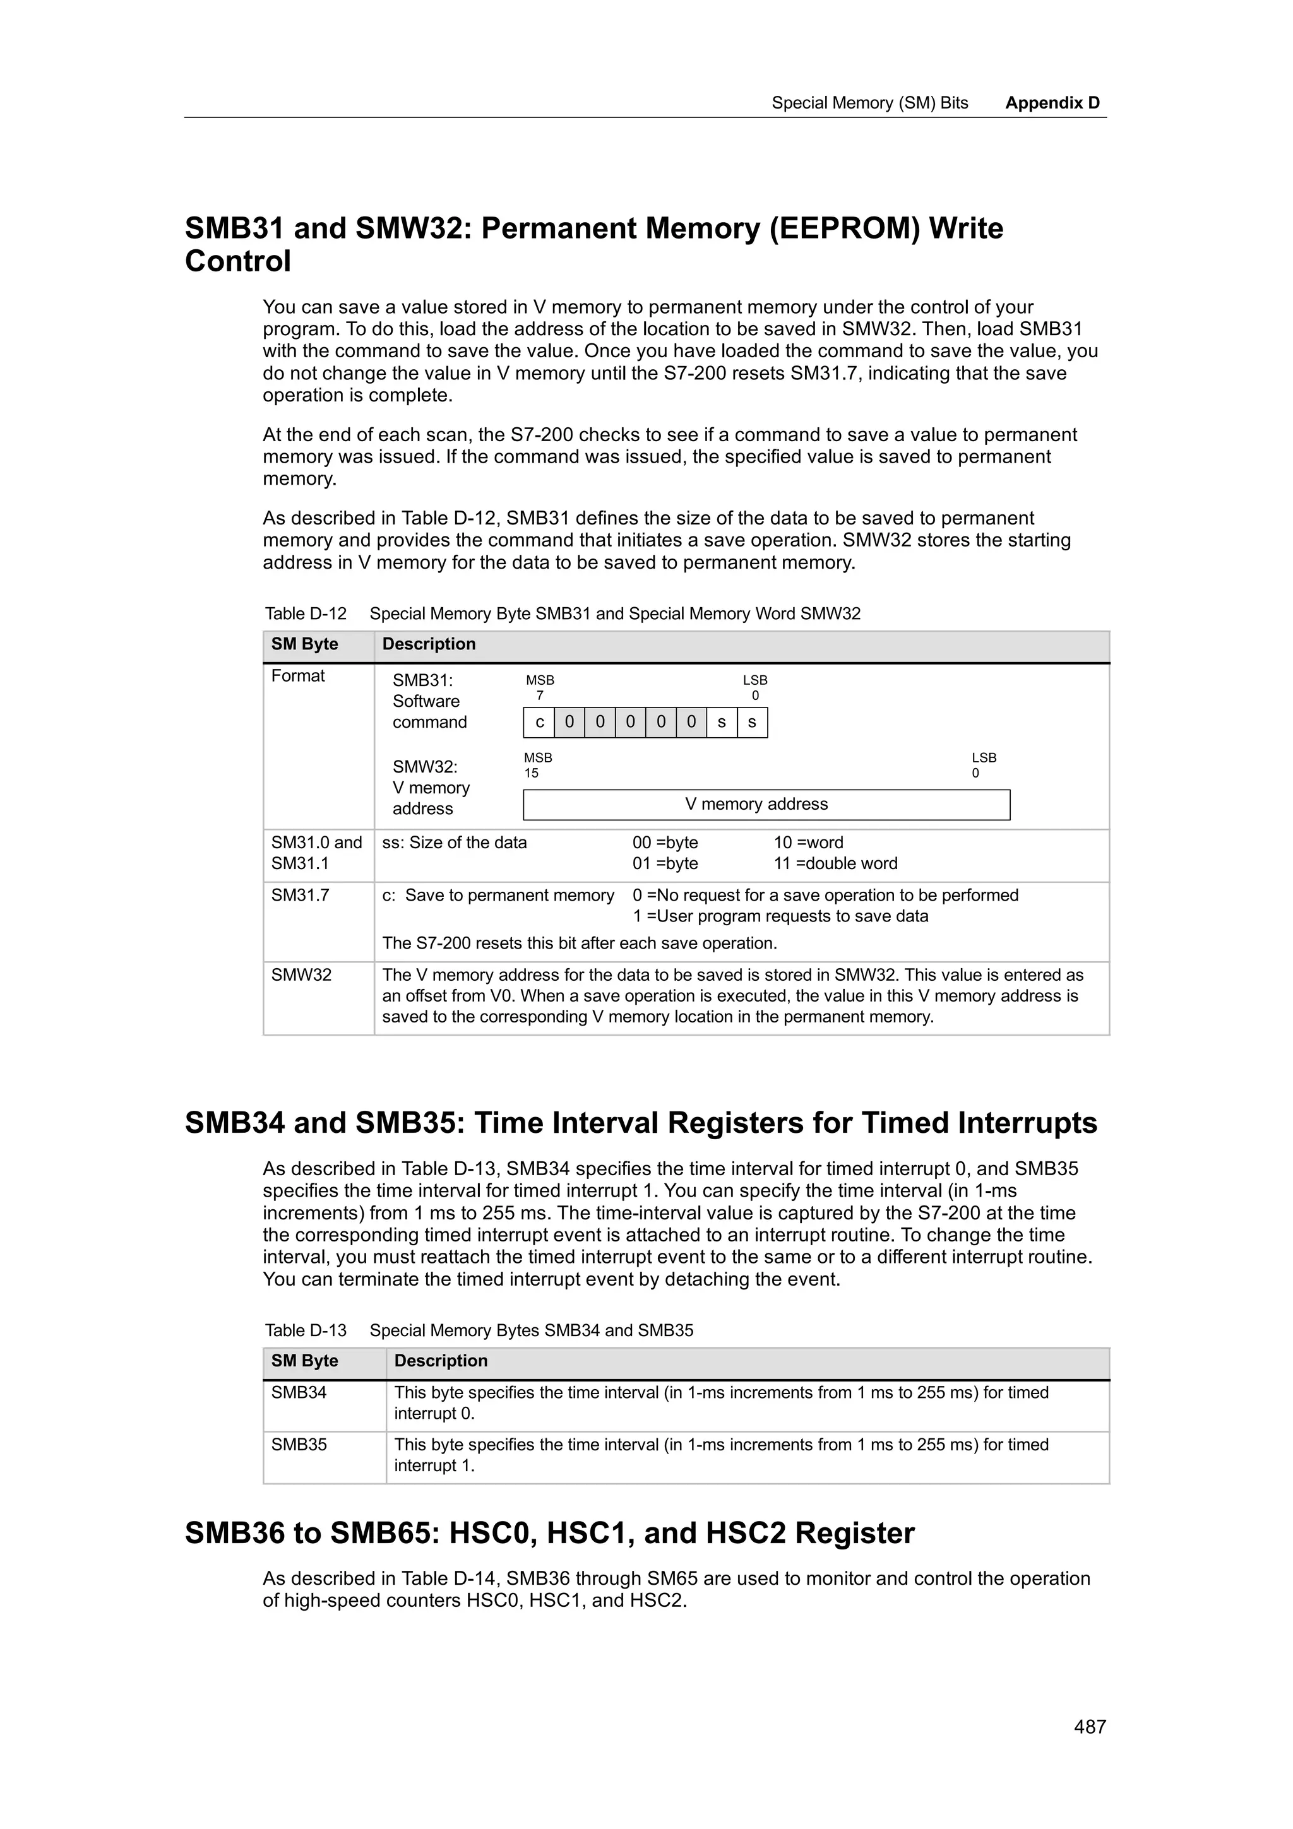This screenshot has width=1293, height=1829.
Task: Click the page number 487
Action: (1090, 1726)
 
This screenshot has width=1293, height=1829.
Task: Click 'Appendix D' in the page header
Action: (1052, 103)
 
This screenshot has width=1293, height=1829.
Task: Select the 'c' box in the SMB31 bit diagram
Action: (539, 723)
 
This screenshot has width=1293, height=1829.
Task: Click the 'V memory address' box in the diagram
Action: (766, 805)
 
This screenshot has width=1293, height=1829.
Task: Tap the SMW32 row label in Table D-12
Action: (301, 975)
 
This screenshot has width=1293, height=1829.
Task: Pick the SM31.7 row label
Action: (301, 896)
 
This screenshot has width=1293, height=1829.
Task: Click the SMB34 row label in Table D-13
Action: (299, 1392)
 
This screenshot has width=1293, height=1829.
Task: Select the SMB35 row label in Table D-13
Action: (299, 1444)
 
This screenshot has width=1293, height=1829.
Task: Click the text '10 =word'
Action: (808, 843)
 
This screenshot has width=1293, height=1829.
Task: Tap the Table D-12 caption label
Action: (306, 613)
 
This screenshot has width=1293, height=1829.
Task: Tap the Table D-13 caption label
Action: (306, 1330)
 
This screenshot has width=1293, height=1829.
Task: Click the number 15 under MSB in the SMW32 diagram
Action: (532, 772)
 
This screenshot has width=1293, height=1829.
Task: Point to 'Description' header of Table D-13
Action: (441, 1361)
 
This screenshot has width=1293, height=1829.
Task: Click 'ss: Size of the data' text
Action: (454, 843)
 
